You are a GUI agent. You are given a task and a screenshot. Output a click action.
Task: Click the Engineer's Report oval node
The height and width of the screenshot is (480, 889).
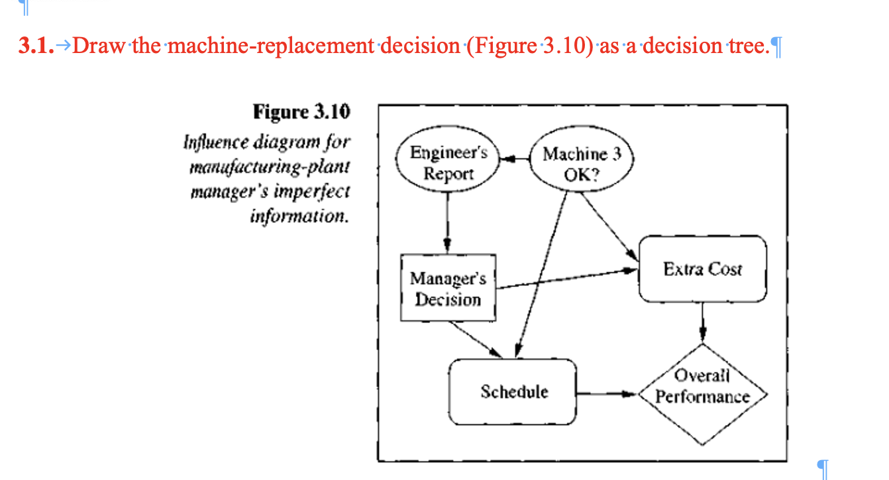pos(448,163)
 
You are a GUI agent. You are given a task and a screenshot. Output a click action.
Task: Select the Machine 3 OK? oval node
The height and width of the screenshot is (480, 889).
pos(582,164)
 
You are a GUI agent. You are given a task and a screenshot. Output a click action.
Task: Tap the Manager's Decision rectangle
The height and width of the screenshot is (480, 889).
pos(448,289)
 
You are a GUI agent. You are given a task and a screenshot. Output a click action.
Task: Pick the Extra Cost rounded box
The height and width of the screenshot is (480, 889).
pos(702,269)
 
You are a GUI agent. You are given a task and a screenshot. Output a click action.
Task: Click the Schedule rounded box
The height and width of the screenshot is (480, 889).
pos(513,392)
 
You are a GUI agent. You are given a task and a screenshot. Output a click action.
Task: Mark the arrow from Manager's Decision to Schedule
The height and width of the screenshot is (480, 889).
pos(474,339)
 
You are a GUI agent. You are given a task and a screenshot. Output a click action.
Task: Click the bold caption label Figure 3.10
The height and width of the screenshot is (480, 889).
pos(301,112)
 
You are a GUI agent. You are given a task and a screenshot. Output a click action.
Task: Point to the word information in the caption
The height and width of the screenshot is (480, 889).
pos(299,217)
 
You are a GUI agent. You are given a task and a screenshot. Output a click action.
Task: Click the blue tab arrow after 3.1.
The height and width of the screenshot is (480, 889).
pos(63,46)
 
